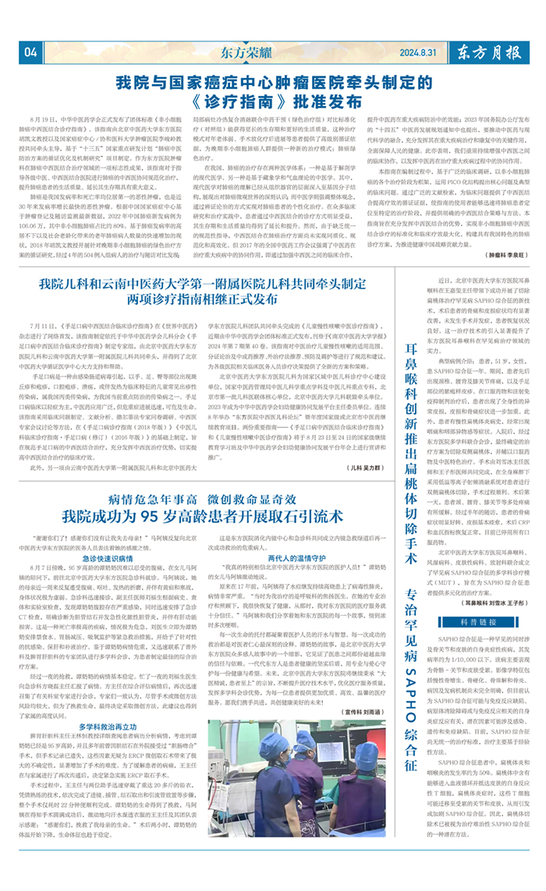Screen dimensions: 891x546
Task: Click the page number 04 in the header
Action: (31, 52)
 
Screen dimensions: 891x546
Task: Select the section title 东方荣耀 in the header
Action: (249, 53)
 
